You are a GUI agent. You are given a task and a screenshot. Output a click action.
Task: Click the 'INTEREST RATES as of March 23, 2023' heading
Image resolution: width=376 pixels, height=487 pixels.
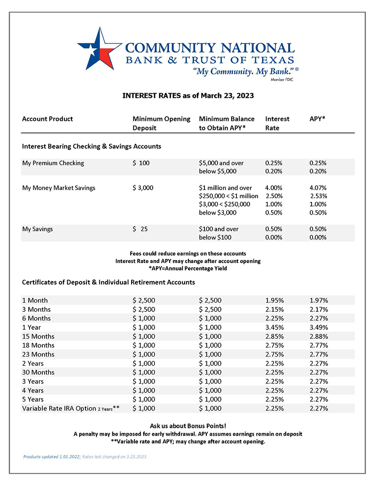[188, 96]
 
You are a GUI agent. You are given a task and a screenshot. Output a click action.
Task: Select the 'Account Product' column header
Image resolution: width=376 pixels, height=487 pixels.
[47, 119]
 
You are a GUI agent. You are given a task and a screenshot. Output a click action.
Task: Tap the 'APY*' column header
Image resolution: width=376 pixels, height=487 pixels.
[318, 119]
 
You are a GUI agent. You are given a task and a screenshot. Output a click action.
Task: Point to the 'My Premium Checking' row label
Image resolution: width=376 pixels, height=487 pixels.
[53, 163]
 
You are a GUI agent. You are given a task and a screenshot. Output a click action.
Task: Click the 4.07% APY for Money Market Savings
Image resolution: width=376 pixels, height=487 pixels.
[318, 188]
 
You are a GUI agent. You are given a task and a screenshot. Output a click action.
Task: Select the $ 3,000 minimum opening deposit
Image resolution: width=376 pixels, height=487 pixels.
[143, 188]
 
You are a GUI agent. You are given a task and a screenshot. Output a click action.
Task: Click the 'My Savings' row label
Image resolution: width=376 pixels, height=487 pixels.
[38, 229]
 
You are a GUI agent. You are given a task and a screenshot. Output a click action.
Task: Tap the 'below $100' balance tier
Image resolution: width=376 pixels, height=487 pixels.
[215, 238]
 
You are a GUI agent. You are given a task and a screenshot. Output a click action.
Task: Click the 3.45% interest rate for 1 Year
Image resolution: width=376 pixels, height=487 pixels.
[274, 327]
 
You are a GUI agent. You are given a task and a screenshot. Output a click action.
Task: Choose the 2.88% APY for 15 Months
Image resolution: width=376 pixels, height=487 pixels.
[319, 336]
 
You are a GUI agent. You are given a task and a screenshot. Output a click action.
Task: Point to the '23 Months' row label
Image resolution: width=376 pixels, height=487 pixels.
[38, 354]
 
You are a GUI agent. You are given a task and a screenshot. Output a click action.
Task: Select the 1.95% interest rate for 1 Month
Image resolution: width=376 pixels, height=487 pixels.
[274, 300]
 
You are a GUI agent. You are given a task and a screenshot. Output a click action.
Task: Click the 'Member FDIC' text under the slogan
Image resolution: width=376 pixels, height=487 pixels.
[282, 80]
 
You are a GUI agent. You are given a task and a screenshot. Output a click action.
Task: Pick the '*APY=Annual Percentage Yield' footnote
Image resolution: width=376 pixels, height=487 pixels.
[188, 269]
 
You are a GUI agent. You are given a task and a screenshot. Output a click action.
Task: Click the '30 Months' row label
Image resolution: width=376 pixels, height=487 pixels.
[38, 372]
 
